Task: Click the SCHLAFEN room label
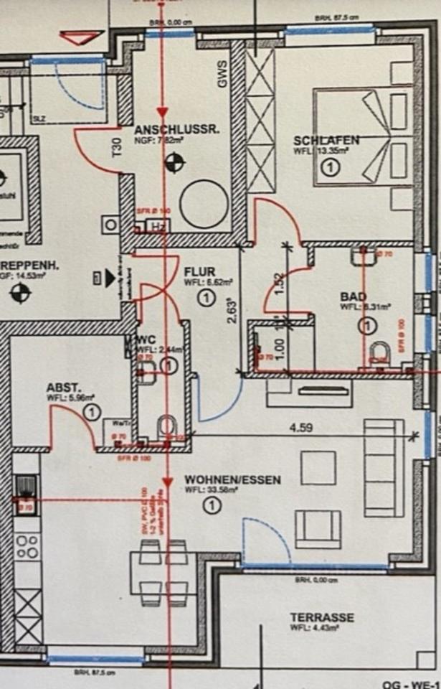tap(326, 140)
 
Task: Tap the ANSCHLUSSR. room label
tap(176, 131)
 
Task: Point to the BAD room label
tap(354, 297)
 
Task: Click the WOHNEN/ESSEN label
tap(232, 479)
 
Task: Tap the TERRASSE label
tap(322, 617)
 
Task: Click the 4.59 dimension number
tap(300, 428)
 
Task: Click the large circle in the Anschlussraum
tap(204, 204)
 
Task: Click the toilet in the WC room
tap(167, 426)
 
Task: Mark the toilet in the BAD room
tap(380, 352)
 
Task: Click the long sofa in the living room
tap(383, 468)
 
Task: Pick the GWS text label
tap(222, 78)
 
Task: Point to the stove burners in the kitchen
tap(28, 546)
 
